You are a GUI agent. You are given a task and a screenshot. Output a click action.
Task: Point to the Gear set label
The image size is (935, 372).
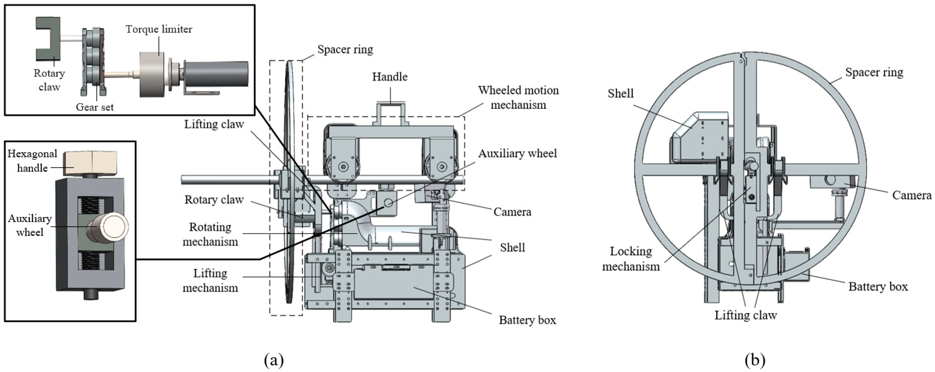[94, 107]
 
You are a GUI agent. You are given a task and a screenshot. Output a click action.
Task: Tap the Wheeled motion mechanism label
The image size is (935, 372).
[518, 97]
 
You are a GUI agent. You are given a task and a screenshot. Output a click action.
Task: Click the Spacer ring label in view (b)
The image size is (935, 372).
[874, 72]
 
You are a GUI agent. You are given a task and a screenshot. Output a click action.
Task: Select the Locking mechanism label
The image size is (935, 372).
[631, 259]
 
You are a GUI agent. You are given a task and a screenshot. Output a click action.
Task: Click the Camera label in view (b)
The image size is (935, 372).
[911, 195]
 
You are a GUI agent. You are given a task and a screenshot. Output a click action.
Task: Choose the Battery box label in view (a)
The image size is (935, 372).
[527, 320]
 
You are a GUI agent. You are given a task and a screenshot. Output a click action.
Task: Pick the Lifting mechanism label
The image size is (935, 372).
[210, 280]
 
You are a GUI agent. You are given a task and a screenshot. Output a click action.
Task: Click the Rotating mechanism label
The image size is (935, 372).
[210, 234]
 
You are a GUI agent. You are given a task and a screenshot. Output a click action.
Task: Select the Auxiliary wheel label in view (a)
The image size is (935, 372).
[517, 154]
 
